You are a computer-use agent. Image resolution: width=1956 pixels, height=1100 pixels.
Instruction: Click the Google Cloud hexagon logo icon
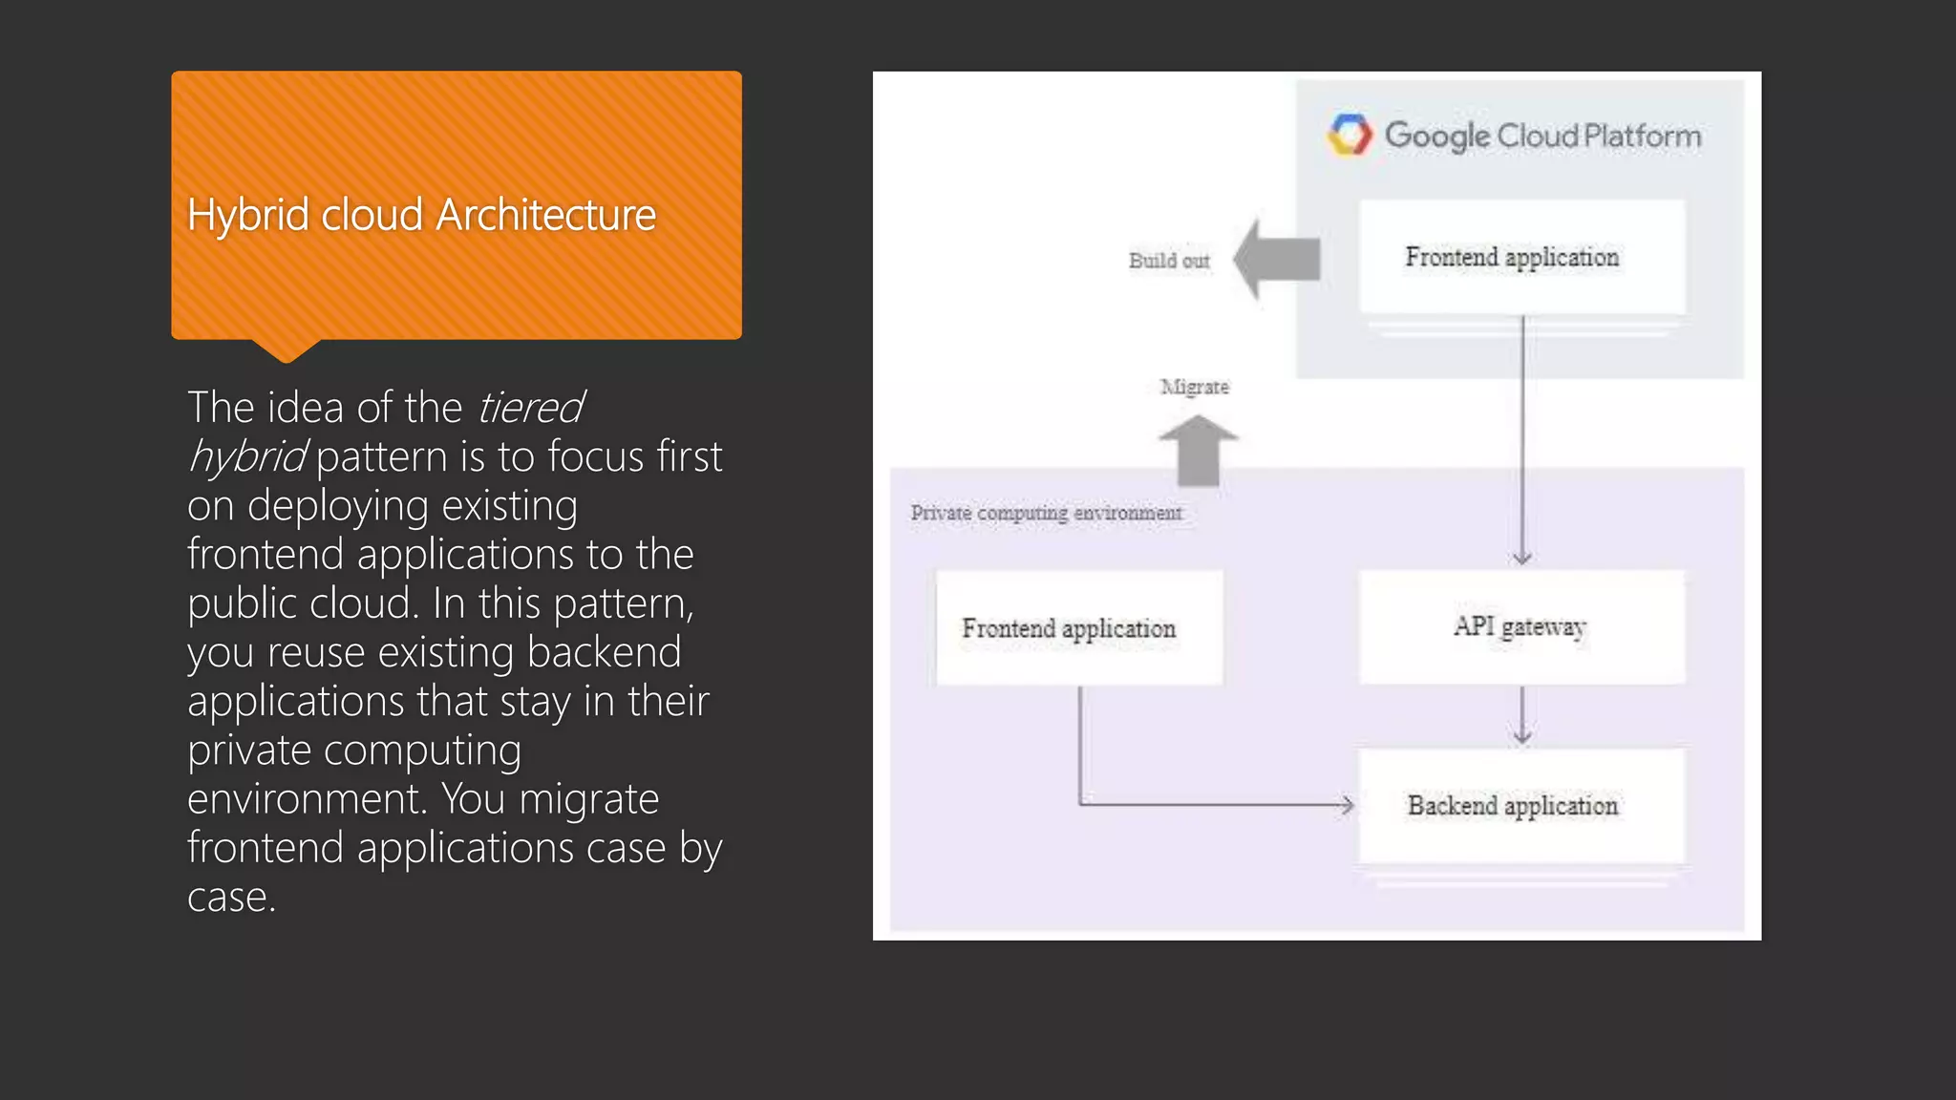pos(1350,135)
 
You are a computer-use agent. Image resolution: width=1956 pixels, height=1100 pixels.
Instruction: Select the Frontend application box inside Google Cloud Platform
pos(1521,257)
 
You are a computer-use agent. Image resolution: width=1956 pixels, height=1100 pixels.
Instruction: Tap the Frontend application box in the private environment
pos(1078,627)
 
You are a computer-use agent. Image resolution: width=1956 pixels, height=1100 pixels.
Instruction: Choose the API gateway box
pos(1521,626)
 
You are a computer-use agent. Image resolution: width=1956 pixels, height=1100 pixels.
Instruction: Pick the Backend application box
pos(1521,806)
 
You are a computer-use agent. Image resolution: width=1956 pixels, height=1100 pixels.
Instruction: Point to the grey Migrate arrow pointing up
pos(1198,450)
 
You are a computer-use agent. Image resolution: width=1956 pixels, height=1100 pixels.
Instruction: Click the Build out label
pos(1169,261)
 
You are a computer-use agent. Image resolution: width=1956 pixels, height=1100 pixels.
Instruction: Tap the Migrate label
pos(1194,387)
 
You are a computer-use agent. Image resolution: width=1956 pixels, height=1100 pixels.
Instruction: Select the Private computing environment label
pos(1046,513)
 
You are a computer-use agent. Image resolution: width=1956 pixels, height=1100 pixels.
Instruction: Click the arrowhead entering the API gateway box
pos(1522,558)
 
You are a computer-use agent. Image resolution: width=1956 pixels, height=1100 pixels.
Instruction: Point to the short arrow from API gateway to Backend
pos(1522,718)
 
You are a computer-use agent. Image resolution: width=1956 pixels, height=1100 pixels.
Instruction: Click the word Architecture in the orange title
pos(546,215)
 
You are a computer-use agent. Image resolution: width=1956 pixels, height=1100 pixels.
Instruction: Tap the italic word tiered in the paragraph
pos(530,408)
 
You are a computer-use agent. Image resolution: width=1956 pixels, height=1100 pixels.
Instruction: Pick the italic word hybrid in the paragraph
pos(247,457)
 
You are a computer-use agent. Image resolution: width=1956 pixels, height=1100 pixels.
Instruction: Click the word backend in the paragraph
pos(604,652)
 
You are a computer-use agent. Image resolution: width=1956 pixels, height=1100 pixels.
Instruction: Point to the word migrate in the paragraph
pos(588,799)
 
